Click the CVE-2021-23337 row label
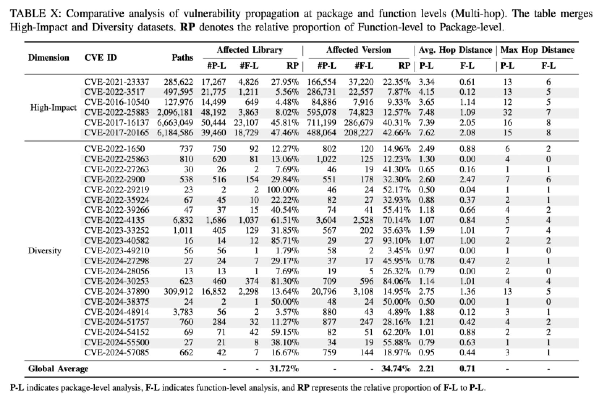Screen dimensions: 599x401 click(116, 82)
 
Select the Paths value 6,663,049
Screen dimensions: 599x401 click(175, 123)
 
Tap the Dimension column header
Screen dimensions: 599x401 click(49, 58)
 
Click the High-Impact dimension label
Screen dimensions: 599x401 click(54, 107)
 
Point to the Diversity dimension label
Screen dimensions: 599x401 click(44, 251)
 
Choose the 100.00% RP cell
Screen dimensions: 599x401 click(282, 190)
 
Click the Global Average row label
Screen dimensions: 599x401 click(58, 369)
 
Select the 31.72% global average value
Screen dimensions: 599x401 click(284, 369)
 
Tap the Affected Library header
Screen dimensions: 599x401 click(250, 50)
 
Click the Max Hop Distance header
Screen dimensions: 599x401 click(538, 50)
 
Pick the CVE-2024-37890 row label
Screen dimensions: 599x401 click(116, 291)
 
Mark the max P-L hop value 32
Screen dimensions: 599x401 click(507, 113)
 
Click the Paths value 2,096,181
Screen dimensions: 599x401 click(175, 113)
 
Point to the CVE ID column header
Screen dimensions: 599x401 click(101, 58)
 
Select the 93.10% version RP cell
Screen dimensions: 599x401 click(397, 241)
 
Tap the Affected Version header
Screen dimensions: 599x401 click(358, 50)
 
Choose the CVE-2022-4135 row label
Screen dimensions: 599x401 click(114, 220)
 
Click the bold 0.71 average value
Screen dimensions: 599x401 click(467, 369)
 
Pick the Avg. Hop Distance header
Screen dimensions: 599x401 click(455, 50)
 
